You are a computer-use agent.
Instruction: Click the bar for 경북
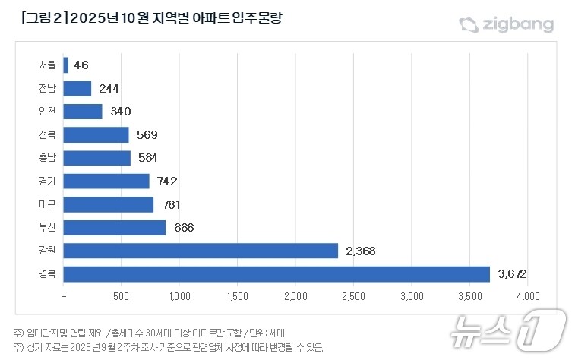point(276,273)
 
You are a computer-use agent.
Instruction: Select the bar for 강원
point(201,250)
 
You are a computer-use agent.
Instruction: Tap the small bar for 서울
point(66,65)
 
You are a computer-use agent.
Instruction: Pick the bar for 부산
point(115,227)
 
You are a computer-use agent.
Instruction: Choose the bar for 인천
point(83,112)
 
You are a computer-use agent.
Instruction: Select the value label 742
point(165,181)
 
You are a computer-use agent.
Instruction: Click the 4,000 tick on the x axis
point(528,295)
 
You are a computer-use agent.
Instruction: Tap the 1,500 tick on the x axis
point(238,295)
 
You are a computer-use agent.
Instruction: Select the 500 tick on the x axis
point(122,295)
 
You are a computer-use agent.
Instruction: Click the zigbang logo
point(507,24)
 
